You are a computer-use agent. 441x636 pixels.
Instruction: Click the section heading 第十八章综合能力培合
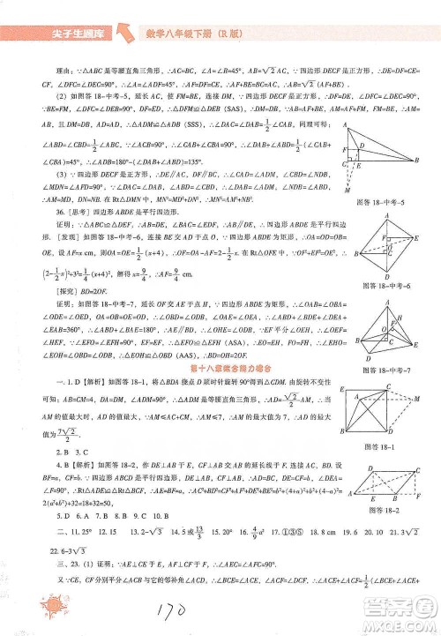tap(220, 363)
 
